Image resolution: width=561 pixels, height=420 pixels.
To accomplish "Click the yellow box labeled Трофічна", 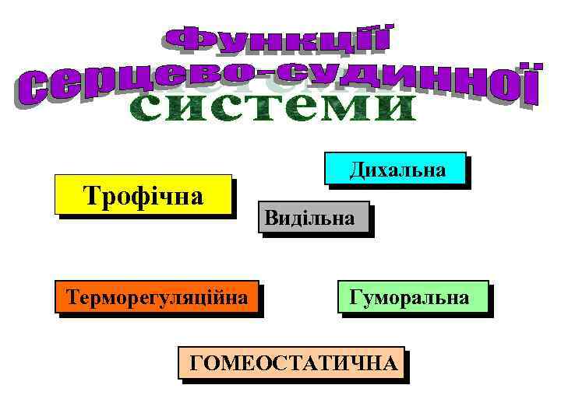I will tap(144, 194).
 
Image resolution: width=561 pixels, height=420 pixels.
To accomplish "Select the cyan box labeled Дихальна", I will tap(395, 169).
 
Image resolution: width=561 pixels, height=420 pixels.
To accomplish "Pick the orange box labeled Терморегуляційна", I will tap(157, 296).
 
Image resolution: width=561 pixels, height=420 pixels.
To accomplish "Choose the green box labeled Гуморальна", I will tap(412, 296).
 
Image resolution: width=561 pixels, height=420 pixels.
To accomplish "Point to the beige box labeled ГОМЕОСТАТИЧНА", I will tap(291, 362).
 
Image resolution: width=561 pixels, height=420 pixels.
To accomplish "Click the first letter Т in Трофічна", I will tap(90, 194).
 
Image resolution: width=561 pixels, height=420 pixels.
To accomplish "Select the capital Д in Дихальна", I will tap(356, 170).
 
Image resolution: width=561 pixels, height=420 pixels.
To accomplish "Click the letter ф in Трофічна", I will tap(142, 194).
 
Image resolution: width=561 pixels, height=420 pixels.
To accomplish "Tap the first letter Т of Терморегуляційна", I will tap(72, 296).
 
